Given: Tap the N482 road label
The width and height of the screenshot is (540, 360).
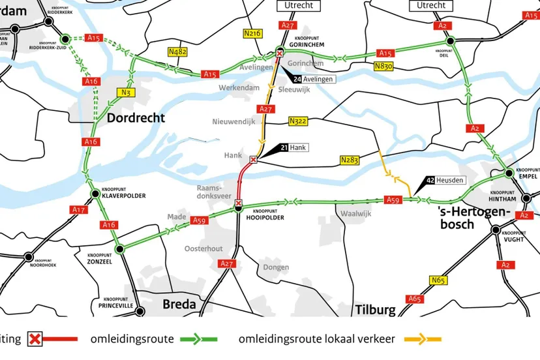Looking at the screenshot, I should click(x=177, y=53).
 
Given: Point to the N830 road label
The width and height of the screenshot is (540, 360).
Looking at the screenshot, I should click(x=384, y=66).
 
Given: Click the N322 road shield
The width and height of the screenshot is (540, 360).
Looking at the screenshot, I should click(x=297, y=121).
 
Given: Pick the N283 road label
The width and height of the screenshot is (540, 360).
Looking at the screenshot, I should click(x=349, y=160).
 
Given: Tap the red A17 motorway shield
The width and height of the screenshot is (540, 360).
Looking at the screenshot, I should click(x=79, y=209).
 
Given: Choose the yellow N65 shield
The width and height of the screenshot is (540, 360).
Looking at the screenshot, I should click(x=438, y=280).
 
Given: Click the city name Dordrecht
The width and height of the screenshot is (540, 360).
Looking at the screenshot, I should click(x=136, y=118).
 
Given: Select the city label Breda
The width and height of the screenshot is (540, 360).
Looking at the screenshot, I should click(x=179, y=304).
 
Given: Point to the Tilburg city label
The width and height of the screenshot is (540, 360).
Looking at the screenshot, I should click(x=375, y=309).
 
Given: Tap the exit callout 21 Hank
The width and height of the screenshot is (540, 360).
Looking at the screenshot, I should click(x=293, y=147).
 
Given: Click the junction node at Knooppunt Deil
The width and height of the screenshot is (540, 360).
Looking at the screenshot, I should click(x=449, y=40).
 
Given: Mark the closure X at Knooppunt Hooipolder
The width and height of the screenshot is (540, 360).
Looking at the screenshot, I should click(x=239, y=203).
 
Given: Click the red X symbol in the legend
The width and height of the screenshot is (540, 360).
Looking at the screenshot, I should click(x=35, y=339).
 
